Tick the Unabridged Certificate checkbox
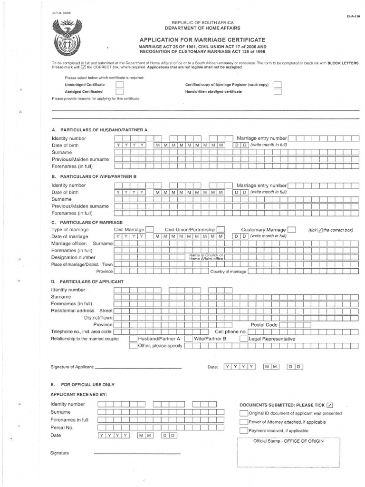120,85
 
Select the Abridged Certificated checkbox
120,92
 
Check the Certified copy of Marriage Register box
278,85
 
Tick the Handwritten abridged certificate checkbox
278,92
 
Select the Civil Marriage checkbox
149,229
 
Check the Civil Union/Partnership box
221,229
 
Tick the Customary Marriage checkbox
292,229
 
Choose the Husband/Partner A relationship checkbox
133,339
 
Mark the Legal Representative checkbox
243,339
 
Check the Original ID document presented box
243,413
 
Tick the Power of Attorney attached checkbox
243,422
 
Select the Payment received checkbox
243,430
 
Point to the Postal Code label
264,324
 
